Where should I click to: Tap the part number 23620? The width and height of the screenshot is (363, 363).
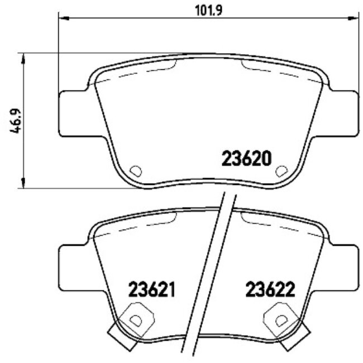247,159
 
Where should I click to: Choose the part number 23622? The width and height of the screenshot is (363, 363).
270,290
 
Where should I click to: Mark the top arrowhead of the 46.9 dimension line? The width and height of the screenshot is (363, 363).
23,58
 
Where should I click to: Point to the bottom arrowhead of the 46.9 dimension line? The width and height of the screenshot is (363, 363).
23,184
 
